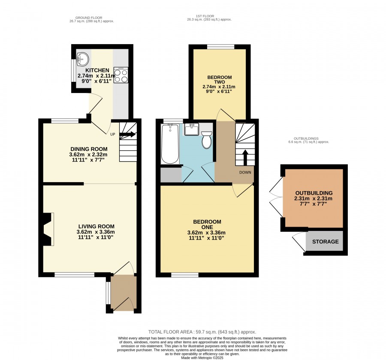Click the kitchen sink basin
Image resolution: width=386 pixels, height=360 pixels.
82,59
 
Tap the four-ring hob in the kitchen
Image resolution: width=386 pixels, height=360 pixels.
121,75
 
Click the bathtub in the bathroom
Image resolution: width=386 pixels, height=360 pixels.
170,144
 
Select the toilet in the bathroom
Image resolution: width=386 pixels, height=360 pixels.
207,140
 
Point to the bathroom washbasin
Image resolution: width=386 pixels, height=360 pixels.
192,129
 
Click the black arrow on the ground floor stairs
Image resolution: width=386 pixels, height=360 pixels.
127,134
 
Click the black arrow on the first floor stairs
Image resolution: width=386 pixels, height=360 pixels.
245,157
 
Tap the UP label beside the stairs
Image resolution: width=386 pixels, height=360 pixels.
112,134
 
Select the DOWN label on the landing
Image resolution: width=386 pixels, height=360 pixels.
245,172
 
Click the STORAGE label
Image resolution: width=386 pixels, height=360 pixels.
325,242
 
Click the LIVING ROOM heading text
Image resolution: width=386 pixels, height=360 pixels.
96,226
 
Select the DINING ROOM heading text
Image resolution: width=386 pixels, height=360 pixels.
89,149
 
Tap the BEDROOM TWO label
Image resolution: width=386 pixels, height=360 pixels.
219,79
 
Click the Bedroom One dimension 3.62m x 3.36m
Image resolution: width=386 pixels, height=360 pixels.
206,233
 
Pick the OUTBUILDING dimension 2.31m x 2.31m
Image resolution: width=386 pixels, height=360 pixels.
314,198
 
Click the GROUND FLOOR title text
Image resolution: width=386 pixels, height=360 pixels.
89,18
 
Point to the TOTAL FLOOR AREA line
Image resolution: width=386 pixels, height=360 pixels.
202,332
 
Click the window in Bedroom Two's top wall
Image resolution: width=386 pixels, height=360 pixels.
220,47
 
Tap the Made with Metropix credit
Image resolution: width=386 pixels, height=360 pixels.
202,358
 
